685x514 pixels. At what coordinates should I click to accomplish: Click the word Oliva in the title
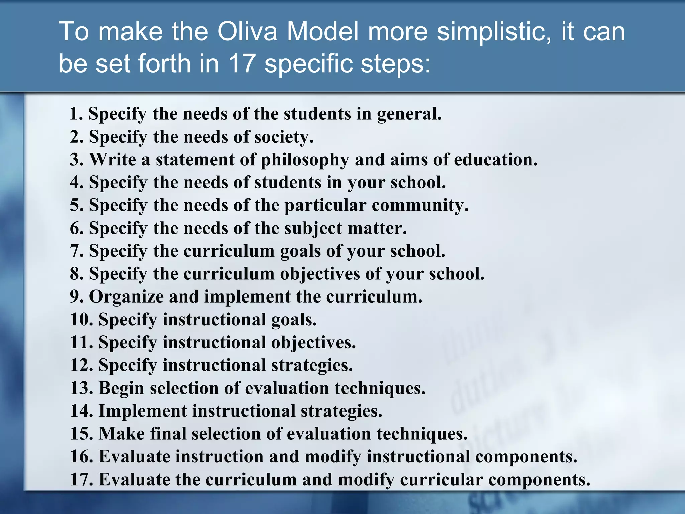click(248, 32)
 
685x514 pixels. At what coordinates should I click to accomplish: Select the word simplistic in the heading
click(494, 32)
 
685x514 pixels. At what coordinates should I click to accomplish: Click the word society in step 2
click(284, 137)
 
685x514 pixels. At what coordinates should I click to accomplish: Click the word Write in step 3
click(113, 159)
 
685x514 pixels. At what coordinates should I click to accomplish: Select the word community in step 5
click(420, 205)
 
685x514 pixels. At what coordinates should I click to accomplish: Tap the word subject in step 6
click(313, 229)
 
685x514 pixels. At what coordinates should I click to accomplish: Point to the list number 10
click(81, 320)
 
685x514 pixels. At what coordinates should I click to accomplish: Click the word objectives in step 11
click(313, 342)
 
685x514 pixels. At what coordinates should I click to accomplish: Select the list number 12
click(81, 365)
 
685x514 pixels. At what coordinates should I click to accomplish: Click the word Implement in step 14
click(142, 411)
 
